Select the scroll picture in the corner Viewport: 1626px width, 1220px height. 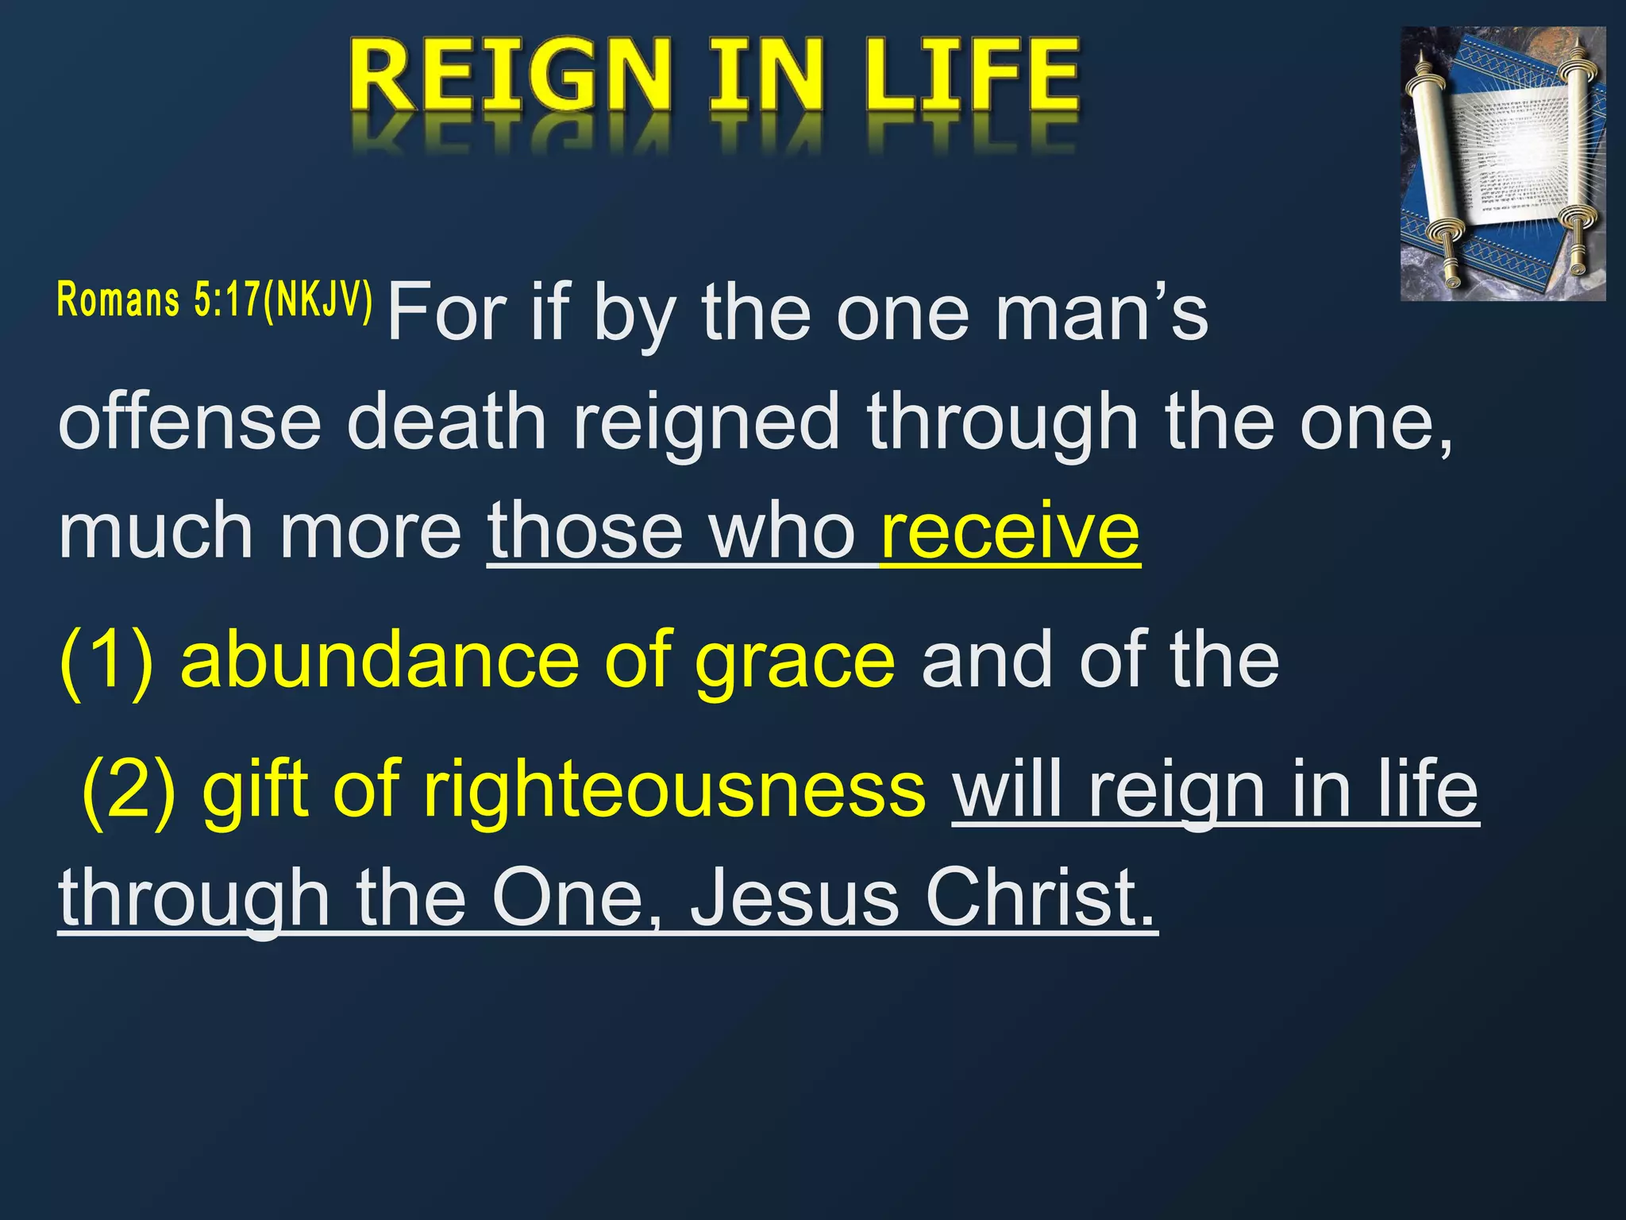pos(1502,164)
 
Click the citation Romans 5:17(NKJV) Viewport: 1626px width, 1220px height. pos(214,300)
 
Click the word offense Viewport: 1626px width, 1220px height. pos(189,422)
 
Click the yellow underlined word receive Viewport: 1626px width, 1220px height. pos(1010,531)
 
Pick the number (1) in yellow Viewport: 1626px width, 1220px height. pos(106,661)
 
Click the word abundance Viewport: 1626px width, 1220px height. pos(380,661)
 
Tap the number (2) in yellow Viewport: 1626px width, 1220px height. pos(129,790)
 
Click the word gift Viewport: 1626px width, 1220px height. pos(254,790)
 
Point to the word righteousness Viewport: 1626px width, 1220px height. pos(673,790)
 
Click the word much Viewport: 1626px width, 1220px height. pos(156,531)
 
